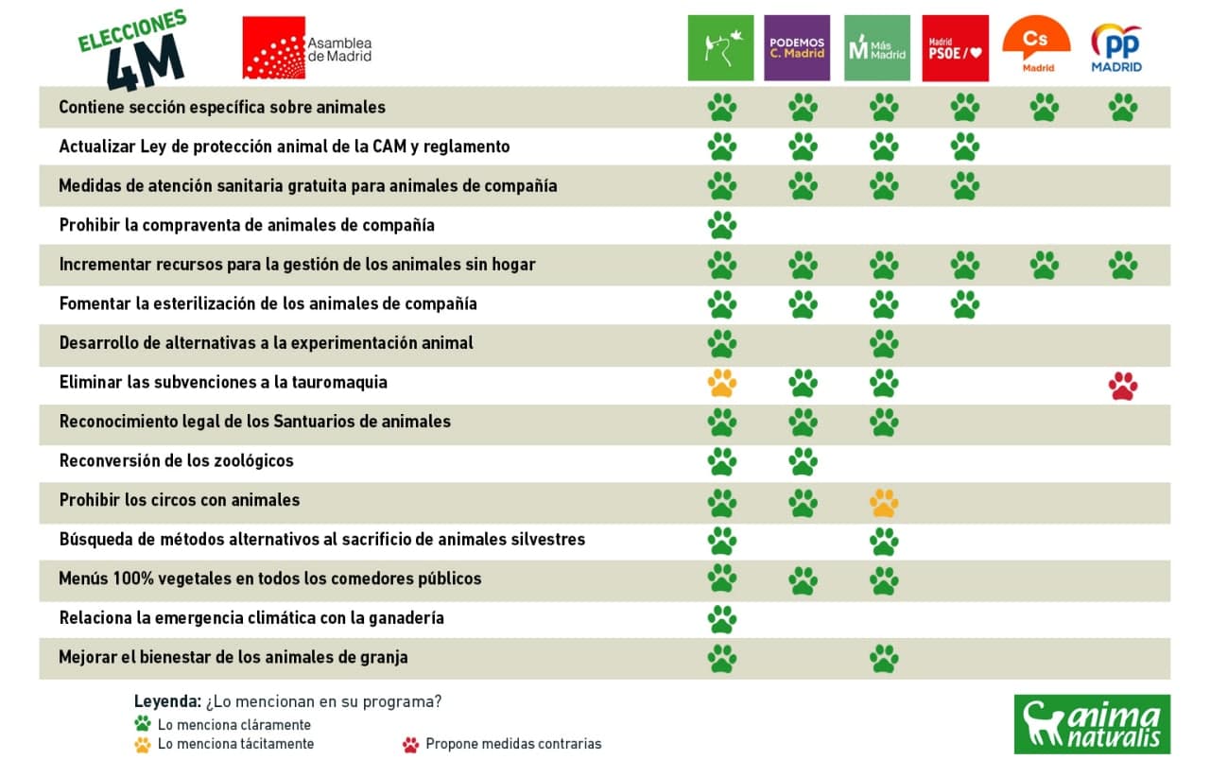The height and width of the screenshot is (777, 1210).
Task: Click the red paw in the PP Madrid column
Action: [1123, 385]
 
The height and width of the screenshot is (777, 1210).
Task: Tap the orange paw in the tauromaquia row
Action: [721, 383]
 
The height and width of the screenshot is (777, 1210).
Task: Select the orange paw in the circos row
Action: [884, 502]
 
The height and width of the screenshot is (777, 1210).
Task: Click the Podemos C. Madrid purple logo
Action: [797, 48]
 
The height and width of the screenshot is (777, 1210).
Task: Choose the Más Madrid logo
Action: [877, 48]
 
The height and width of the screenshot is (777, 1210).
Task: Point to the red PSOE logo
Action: [955, 48]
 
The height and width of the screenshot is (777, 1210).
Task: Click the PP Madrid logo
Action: [1116, 48]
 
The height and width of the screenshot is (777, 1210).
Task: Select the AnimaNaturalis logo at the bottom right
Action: [1092, 724]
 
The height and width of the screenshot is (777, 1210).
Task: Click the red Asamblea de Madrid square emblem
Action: [274, 47]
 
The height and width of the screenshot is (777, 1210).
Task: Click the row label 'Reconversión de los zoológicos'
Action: [176, 461]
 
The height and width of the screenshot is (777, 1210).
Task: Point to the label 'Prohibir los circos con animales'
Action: [180, 500]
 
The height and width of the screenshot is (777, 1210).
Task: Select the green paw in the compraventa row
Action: [721, 225]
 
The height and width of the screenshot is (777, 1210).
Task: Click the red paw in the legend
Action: [410, 744]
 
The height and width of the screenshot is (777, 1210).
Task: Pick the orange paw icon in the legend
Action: [143, 744]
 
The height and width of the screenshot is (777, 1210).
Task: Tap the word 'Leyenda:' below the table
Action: [167, 702]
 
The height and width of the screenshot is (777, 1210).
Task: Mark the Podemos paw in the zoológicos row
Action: [803, 461]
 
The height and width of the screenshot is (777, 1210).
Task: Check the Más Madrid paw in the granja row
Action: [884, 658]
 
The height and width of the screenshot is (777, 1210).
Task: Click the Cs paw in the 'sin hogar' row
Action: [1044, 265]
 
